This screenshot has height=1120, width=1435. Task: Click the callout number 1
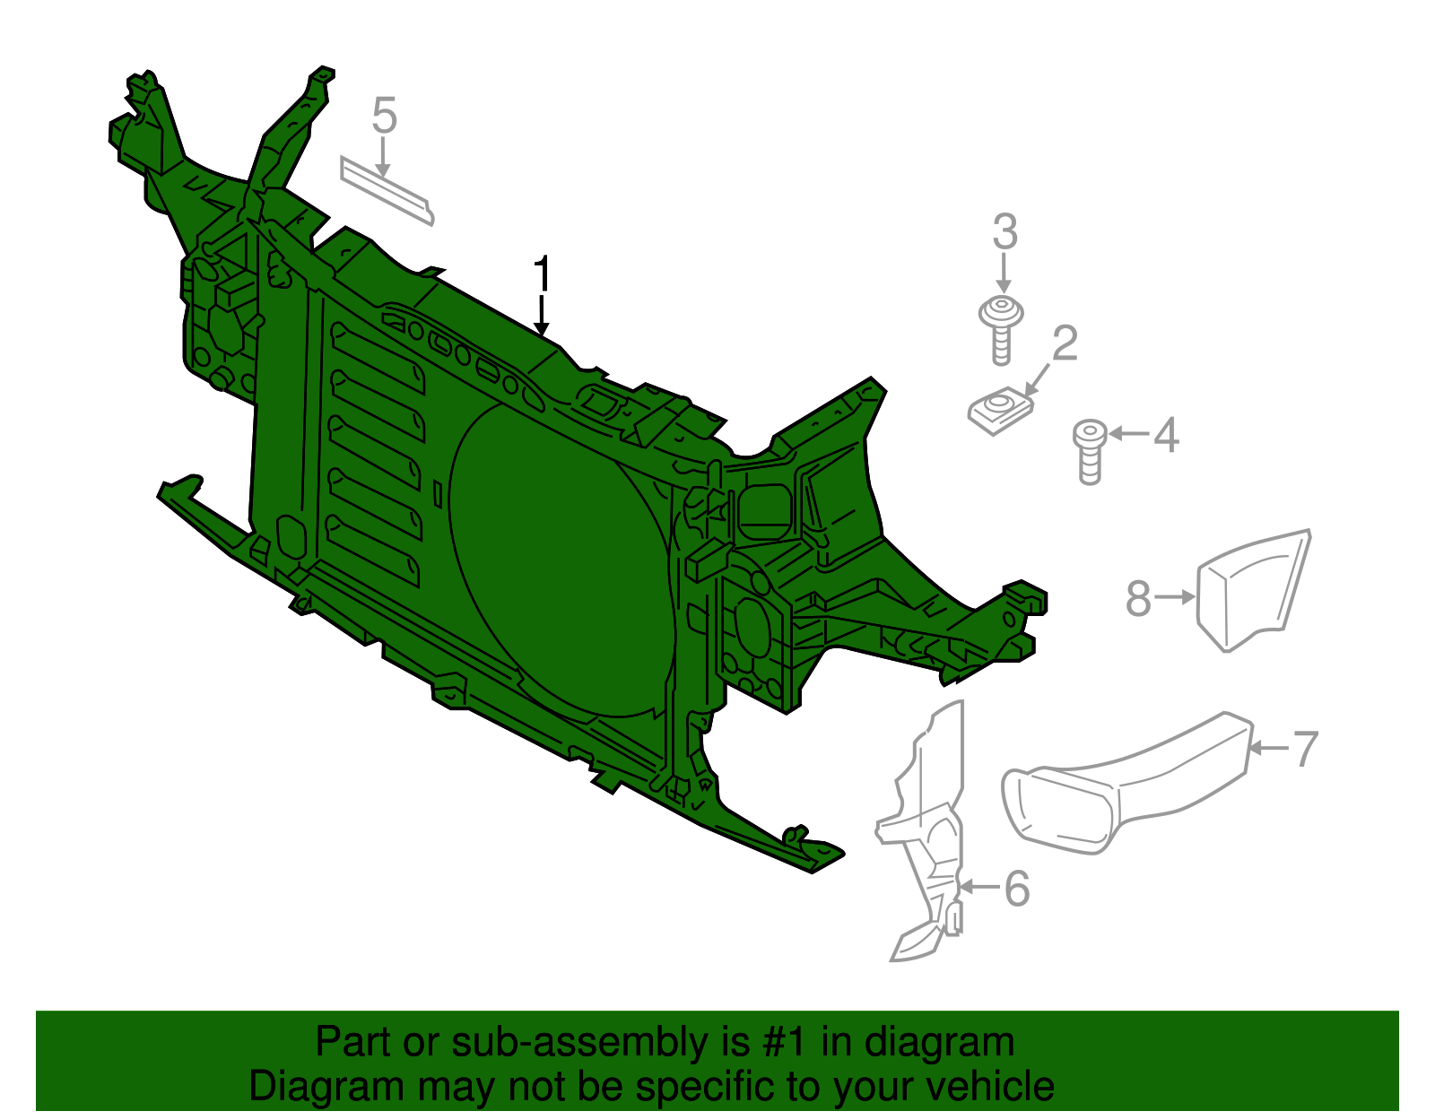(541, 273)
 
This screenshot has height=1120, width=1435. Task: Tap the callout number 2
(1065, 343)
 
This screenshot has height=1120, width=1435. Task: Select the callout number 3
(1004, 232)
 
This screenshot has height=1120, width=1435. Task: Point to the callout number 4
(1166, 435)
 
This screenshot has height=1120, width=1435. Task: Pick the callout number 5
(384, 117)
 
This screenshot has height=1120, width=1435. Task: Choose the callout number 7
(1305, 748)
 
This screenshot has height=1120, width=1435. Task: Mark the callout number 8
(1138, 598)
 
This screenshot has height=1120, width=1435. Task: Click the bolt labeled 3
(1002, 328)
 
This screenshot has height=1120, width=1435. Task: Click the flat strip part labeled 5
(387, 190)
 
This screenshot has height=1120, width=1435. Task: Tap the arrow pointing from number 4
(1129, 434)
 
